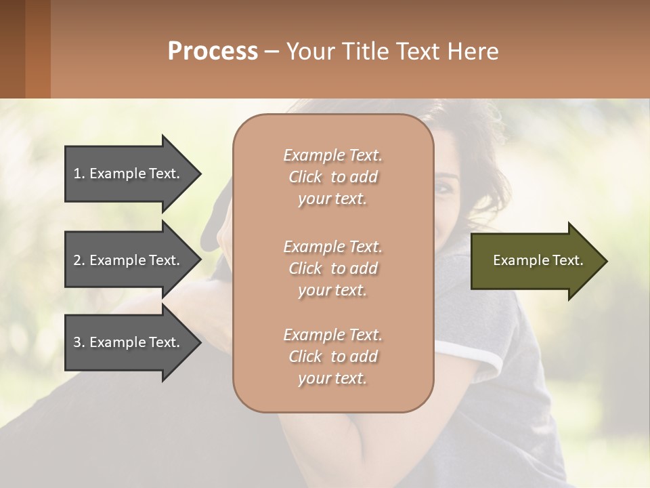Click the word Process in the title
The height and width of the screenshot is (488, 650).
[213, 52]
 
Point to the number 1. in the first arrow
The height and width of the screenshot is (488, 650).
[79, 174]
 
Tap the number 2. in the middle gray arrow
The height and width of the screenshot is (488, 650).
[79, 260]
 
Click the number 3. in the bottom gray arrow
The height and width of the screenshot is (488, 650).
[79, 342]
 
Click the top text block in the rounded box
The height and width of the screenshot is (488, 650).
[332, 177]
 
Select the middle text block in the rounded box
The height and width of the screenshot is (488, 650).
[332, 268]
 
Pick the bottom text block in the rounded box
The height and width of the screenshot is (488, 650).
[332, 357]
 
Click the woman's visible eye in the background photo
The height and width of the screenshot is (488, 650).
[446, 188]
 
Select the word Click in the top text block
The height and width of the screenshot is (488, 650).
[305, 177]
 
